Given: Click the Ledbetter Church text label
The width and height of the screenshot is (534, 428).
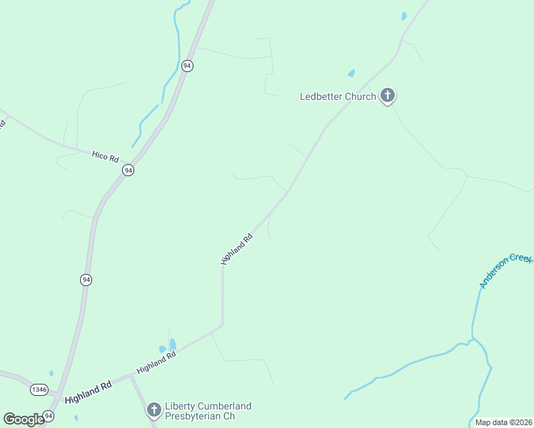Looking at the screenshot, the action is point(338,96).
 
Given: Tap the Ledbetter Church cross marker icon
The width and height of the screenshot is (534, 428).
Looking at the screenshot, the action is point(387,95).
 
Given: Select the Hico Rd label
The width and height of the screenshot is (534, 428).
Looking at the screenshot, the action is point(105,155).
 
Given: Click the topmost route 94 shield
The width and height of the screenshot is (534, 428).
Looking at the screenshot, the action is point(187,66).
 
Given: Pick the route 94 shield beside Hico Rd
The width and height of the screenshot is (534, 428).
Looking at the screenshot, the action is point(128,170).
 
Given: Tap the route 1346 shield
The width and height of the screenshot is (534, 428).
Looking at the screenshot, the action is point(39,389).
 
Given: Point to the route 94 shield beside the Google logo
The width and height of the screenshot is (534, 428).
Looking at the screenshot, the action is point(49,415).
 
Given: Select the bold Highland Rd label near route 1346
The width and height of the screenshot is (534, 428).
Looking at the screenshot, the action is point(89,392).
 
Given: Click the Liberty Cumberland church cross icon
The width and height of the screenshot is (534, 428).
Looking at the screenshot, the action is point(153,409).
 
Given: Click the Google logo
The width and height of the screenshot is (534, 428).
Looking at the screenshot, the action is point(23,419).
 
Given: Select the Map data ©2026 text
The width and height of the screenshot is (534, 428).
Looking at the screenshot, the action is point(503,422).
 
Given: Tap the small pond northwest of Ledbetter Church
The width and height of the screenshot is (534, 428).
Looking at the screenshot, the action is point(351,73).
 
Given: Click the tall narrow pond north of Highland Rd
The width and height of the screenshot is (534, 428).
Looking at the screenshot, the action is point(172,345).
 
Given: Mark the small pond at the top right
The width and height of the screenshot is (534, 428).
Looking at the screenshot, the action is point(404,16).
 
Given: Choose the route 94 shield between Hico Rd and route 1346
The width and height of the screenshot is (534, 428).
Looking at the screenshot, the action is point(86,280).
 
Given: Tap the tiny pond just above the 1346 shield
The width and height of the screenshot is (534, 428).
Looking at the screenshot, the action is point(51,372).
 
